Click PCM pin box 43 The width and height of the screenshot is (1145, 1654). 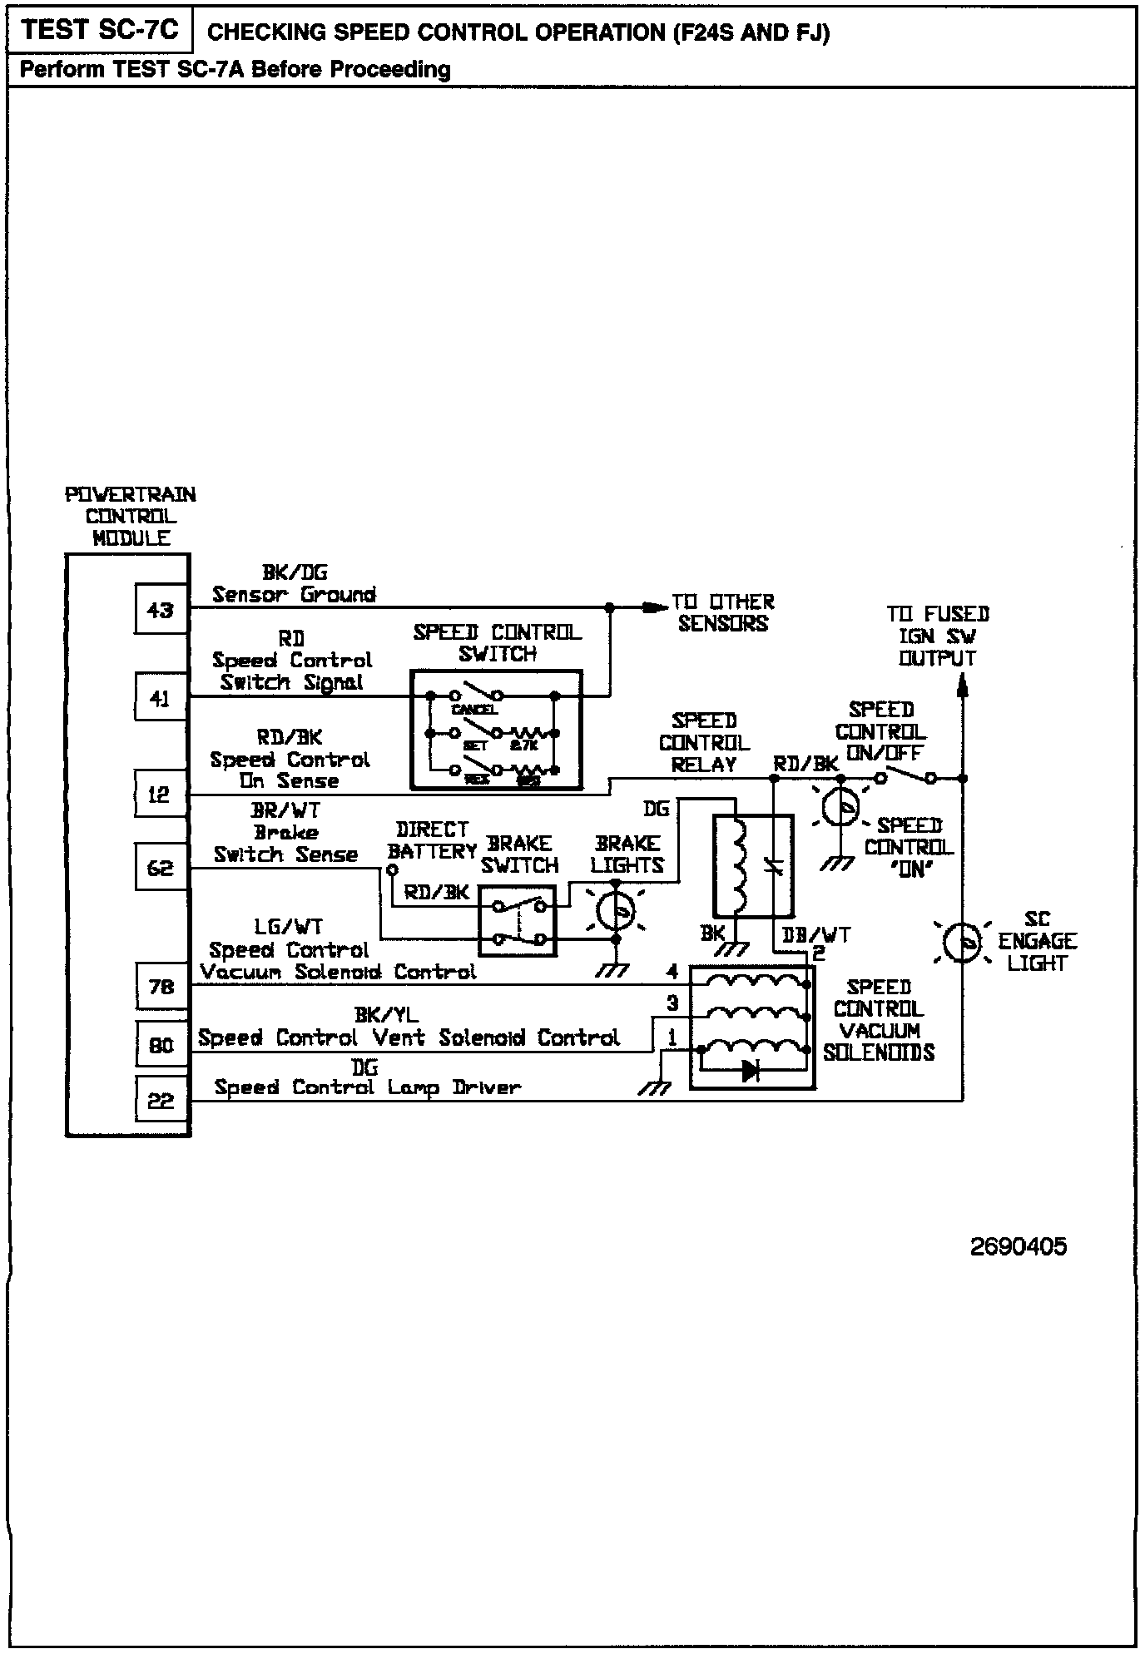click(161, 610)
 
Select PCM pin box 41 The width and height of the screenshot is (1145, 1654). click(161, 698)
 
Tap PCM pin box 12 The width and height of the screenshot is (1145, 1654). click(161, 795)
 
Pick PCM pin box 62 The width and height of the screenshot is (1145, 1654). click(161, 868)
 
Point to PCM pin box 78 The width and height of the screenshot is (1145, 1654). click(161, 986)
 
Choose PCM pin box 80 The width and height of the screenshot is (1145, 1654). click(161, 1044)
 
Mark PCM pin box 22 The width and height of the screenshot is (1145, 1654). click(161, 1100)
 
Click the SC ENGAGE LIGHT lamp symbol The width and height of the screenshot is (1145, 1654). click(964, 943)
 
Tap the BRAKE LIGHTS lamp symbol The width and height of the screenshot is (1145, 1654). click(617, 911)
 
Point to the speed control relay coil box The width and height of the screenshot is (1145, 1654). click(753, 866)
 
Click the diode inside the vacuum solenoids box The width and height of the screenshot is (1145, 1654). click(751, 1071)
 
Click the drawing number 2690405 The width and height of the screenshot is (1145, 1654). click(1018, 1246)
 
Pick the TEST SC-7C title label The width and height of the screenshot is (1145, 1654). click(100, 31)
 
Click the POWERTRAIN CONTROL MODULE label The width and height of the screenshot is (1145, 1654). click(131, 516)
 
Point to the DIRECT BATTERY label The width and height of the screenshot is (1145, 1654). click(432, 840)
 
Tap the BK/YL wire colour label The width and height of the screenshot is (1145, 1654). click(386, 1014)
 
